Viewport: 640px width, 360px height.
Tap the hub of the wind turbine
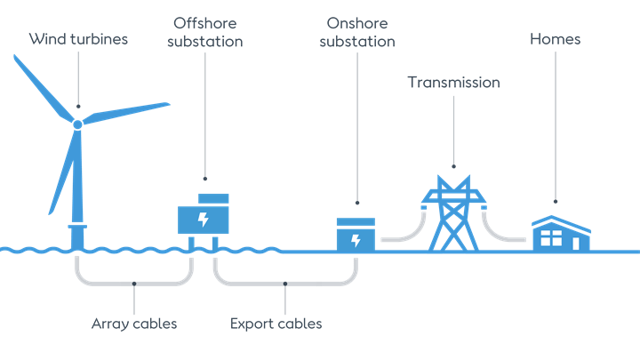coord(77,124)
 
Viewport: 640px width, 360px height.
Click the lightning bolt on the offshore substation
coord(204,220)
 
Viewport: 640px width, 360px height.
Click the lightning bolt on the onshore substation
coord(356,240)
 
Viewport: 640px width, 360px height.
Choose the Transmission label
coord(453,83)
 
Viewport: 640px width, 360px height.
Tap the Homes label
coord(556,39)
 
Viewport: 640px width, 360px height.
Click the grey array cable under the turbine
coord(133,283)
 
